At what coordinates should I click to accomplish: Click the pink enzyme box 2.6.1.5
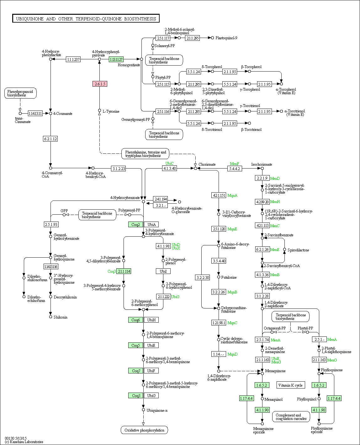pyautogui.click(x=100, y=84)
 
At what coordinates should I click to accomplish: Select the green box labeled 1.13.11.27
pyautogui.click(x=116, y=59)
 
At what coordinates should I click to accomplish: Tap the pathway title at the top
pyautogui.click(x=86, y=19)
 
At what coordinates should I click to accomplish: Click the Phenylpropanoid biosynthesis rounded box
pyautogui.click(x=20, y=93)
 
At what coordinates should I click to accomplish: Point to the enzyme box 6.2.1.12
pyautogui.click(x=50, y=139)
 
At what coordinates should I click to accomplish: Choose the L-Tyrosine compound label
pyautogui.click(x=111, y=111)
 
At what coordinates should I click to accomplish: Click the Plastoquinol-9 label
pyautogui.click(x=226, y=38)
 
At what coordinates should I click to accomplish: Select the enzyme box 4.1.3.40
pyautogui.click(x=169, y=168)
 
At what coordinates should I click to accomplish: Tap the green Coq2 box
pyautogui.click(x=135, y=225)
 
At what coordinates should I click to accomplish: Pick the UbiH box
pyautogui.click(x=151, y=320)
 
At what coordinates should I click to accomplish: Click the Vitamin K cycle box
pyautogui.click(x=290, y=385)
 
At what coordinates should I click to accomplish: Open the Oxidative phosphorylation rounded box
pyautogui.click(x=144, y=430)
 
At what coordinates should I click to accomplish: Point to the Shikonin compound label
pyautogui.click(x=61, y=317)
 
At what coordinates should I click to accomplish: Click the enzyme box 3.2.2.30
pyautogui.click(x=203, y=277)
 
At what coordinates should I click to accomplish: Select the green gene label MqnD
pyautogui.click(x=232, y=354)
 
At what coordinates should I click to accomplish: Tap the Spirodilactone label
pyautogui.click(x=298, y=250)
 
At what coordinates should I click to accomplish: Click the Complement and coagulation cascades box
pyautogui.click(x=291, y=417)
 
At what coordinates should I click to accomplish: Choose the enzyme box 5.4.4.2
pyautogui.click(x=235, y=169)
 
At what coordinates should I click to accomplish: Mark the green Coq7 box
pyautogui.click(x=135, y=371)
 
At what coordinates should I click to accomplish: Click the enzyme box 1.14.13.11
pyautogui.click(x=35, y=113)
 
